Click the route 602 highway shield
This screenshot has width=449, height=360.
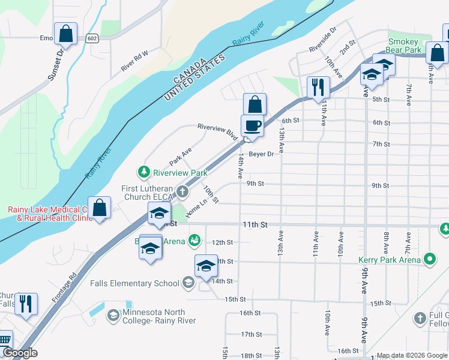point(91,38)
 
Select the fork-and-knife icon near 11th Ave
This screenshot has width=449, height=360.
point(318,88)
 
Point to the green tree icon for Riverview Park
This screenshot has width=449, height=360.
point(144,173)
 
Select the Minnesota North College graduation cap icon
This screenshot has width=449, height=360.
point(113,315)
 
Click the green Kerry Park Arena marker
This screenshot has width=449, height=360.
point(430,260)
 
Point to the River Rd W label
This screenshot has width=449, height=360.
point(134,61)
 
